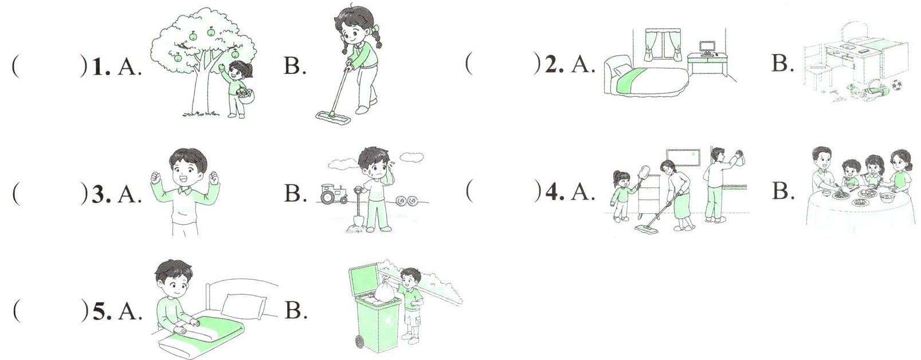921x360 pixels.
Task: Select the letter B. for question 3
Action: click(x=295, y=193)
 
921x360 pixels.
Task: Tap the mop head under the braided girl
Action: click(x=333, y=117)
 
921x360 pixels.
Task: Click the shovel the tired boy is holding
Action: click(x=358, y=209)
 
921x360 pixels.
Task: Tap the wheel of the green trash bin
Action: click(x=359, y=341)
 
